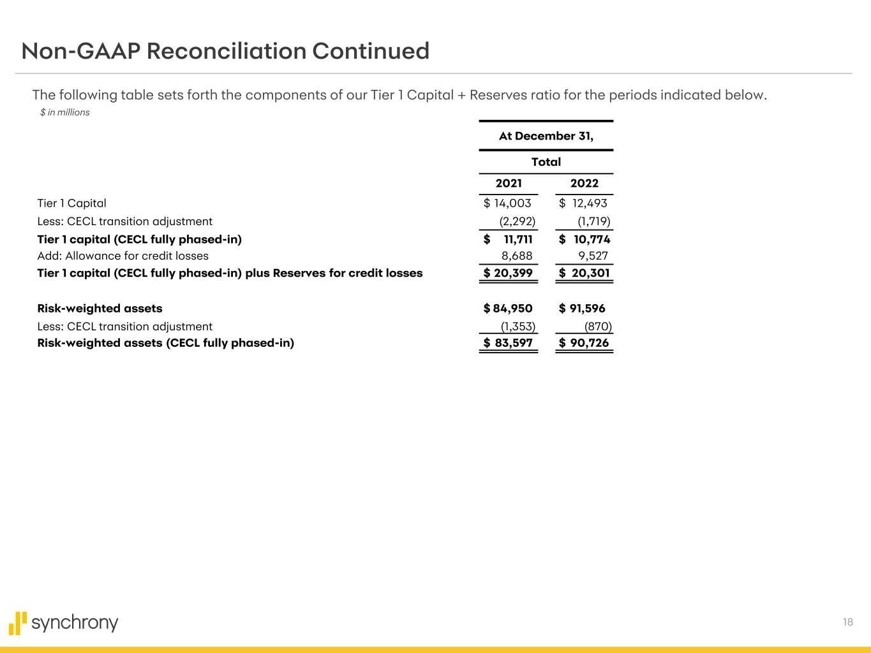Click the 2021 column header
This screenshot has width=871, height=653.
coord(509,184)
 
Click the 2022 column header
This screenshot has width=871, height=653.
coord(584,184)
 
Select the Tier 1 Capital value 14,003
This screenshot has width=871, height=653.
coord(512,203)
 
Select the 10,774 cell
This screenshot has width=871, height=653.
coord(592,240)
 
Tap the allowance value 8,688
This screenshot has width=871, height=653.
coord(516,256)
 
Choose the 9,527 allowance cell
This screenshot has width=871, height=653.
coord(593,256)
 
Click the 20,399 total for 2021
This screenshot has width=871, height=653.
coord(513,274)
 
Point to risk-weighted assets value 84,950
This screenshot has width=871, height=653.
coord(512,309)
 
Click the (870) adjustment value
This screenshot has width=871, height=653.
coord(598,326)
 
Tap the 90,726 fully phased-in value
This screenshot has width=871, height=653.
coord(589,343)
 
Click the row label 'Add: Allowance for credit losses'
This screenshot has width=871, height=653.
coord(123,256)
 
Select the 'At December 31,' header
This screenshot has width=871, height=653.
coord(546,136)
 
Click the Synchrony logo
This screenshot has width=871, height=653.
coord(64,623)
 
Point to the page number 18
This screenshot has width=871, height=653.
coord(847,622)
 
